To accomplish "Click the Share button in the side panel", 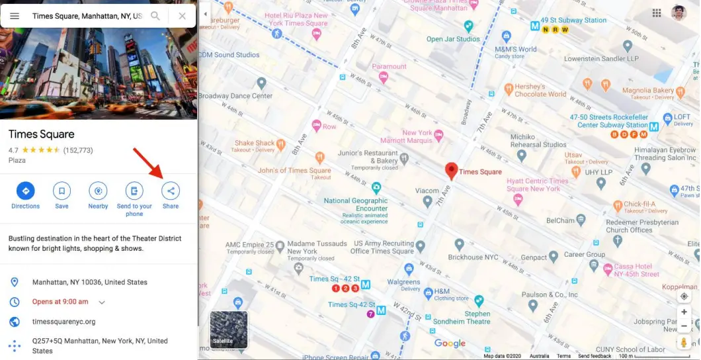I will [x=171, y=191].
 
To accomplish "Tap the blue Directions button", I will [x=26, y=191].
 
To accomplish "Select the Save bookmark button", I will [x=62, y=191].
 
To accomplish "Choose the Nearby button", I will [x=98, y=191].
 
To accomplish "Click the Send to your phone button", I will [x=134, y=191].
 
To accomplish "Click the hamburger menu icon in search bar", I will [x=15, y=16].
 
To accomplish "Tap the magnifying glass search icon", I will [x=155, y=16].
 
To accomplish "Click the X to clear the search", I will [x=182, y=16].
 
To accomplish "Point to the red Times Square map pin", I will [x=452, y=171].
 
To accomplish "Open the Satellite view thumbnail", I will [x=229, y=330].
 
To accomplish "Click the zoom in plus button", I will [x=684, y=312].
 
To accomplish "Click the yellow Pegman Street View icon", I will [x=684, y=342].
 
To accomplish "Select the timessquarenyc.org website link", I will [x=64, y=322].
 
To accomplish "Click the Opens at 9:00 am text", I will [x=60, y=302].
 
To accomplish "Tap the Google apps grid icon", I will [x=657, y=13].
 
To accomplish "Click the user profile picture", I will [x=679, y=13].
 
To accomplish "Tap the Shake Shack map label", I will [x=255, y=143].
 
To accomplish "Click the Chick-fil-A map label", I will [x=639, y=204].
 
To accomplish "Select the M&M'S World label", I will [x=516, y=49].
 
